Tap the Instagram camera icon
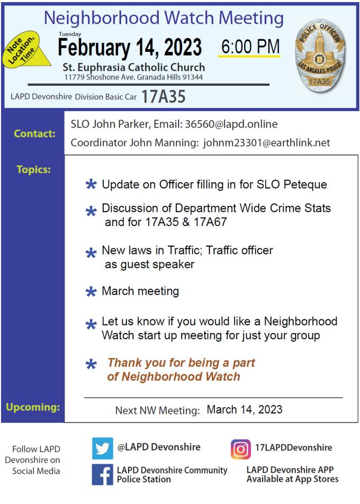click(x=240, y=449)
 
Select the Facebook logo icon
click(x=102, y=474)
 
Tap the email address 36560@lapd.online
click(x=231, y=124)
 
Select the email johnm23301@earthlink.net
click(x=266, y=142)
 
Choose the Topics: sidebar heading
click(x=33, y=170)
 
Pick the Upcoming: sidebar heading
click(x=33, y=407)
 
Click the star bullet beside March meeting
click(x=91, y=292)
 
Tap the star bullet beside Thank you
click(x=91, y=364)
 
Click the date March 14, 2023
click(x=245, y=410)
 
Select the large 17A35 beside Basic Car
click(x=164, y=97)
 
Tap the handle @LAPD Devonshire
click(x=159, y=447)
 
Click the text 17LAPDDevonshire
click(x=293, y=447)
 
